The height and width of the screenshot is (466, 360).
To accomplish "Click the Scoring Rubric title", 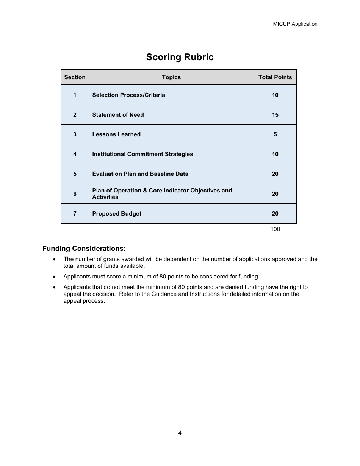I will click(x=180, y=57).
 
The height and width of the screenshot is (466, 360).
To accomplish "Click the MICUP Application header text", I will click(x=295, y=24).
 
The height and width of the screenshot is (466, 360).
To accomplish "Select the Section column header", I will click(x=75, y=77).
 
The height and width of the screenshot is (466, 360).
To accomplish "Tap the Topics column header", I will click(x=171, y=77).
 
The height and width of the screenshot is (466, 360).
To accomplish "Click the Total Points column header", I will click(x=275, y=77).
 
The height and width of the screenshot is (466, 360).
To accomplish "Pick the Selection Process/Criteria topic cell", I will click(x=128, y=95).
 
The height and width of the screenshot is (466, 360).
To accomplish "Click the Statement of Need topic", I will click(x=118, y=115).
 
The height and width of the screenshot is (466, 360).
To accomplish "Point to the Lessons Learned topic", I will click(x=116, y=134).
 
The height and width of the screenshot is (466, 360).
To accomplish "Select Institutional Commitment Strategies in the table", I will click(x=142, y=154).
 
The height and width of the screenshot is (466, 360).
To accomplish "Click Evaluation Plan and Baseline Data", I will click(x=140, y=174).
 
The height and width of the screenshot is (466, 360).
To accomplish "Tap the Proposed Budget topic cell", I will click(x=117, y=214).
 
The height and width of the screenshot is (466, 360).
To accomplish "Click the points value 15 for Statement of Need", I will click(x=275, y=115).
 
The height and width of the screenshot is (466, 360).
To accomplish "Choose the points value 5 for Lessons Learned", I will click(x=275, y=134).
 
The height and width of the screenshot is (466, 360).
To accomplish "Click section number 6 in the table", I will click(x=75, y=194).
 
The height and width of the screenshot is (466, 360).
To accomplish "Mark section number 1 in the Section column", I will click(x=75, y=95).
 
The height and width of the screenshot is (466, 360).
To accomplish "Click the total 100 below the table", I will click(x=275, y=229).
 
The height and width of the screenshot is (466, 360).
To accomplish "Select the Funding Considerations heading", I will click(x=84, y=249).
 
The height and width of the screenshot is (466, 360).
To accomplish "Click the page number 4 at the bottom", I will click(x=180, y=433).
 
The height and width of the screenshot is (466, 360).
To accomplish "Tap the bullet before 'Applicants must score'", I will click(x=55, y=277).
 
